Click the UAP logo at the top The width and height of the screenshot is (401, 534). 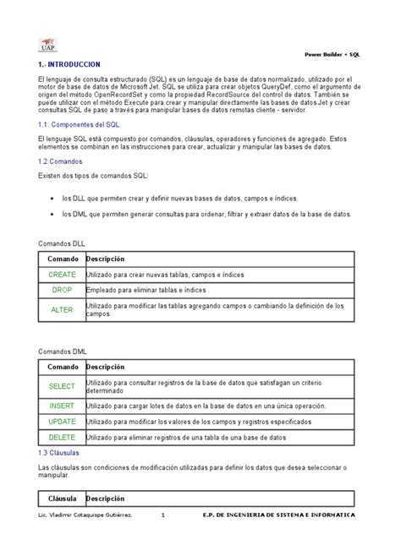(x=49, y=45)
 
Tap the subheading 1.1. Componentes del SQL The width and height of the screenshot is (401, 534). (x=79, y=123)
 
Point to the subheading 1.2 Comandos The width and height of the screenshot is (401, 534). (x=60, y=160)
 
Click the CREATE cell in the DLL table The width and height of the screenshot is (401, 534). (x=62, y=275)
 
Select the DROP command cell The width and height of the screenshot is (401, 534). (x=62, y=290)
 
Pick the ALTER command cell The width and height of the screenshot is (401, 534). (x=62, y=309)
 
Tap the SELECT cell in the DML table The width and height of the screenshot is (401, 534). (x=62, y=386)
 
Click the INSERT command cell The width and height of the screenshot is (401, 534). (x=62, y=406)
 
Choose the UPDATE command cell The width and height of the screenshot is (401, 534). (x=62, y=420)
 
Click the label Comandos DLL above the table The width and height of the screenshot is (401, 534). (x=63, y=242)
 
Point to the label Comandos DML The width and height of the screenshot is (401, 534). (x=63, y=351)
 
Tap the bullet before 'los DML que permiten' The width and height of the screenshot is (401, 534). (x=53, y=214)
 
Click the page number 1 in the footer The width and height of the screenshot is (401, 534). (x=174, y=514)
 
